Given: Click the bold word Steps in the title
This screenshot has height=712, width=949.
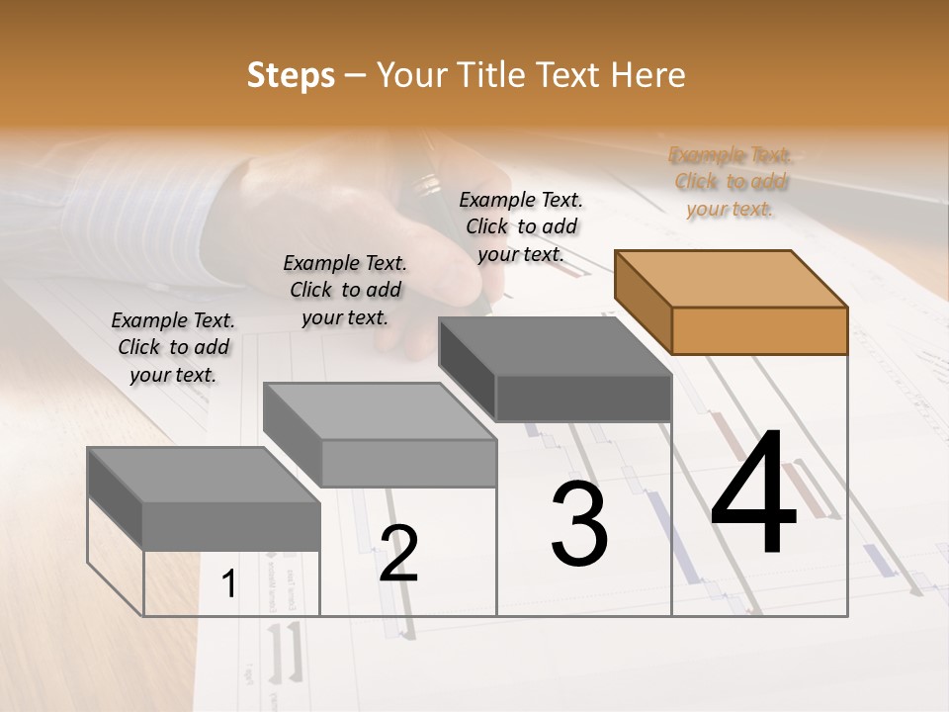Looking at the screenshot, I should pos(290,74).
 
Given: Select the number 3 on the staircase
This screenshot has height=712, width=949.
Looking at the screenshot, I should pos(579,525).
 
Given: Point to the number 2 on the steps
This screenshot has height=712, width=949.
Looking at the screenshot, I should pos(398,554).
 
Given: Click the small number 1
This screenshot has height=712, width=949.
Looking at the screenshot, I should pos(229,584).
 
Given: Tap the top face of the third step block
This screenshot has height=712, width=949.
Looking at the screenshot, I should pos(555,346).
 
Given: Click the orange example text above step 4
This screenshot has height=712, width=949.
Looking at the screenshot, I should pos(731,182).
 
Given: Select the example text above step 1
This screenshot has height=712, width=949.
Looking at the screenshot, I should pos(173,347).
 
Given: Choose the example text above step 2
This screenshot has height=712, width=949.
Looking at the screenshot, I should pos(345,290).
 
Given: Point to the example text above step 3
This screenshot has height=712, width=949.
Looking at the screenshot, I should pos(521,226).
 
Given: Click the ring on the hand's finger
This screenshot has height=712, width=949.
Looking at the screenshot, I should pos(428,184).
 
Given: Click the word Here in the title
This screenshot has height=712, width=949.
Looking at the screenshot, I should pos(648,74).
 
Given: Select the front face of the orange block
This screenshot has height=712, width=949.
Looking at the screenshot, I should pos(759,330).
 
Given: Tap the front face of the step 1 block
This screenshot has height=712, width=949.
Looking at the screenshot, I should pos(231,525).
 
